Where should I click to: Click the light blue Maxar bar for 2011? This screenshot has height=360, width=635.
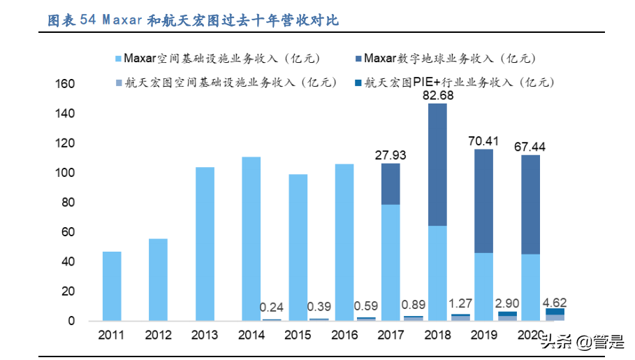click(112, 286)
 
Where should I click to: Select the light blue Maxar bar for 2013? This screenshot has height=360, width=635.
click(205, 244)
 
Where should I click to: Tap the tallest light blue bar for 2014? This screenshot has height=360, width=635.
click(251, 238)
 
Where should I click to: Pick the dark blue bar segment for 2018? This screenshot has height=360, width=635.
click(438, 164)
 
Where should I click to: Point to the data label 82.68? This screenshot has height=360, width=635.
click(438, 96)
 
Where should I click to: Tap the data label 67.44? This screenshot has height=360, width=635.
click(532, 147)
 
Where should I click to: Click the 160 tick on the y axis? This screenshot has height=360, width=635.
click(64, 84)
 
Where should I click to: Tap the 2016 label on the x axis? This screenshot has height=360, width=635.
click(344, 335)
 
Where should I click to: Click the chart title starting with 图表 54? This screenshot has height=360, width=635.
click(192, 20)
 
